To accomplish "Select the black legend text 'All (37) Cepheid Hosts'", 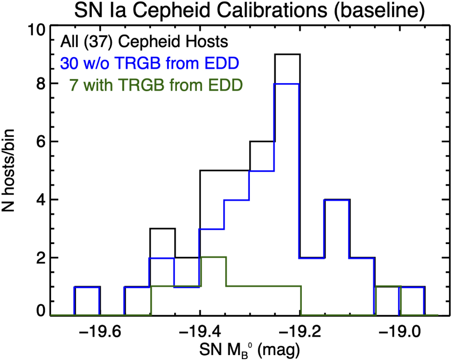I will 145,42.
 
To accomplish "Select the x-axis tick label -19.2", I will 300,331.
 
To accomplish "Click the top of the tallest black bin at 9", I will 287,54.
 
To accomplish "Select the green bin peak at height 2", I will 213,257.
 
